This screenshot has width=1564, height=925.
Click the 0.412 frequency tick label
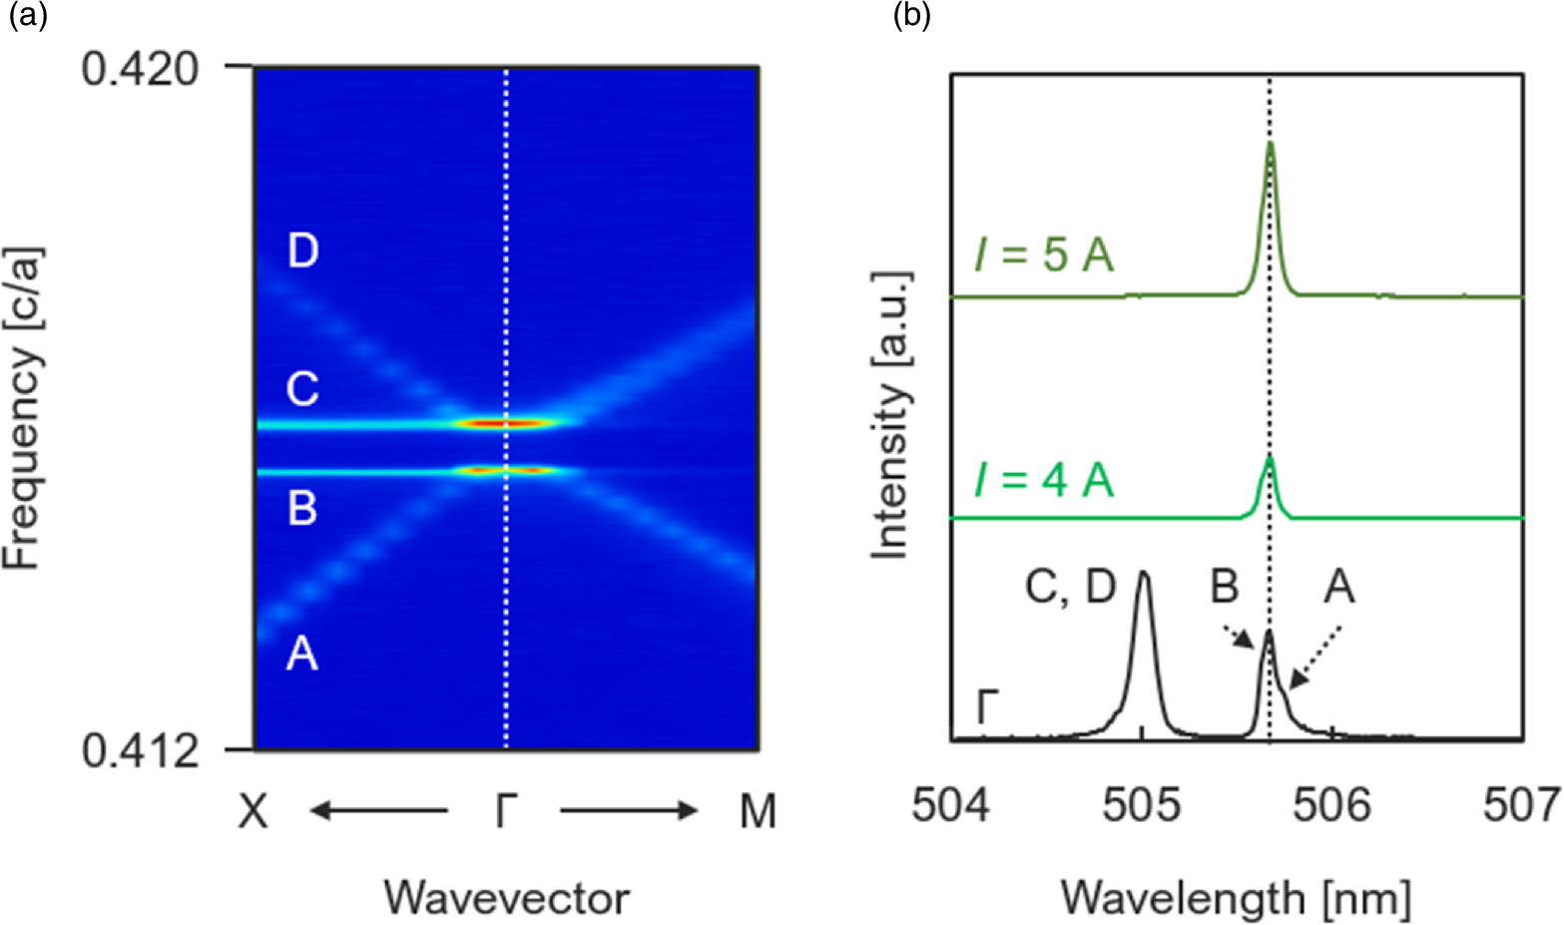pyautogui.click(x=141, y=750)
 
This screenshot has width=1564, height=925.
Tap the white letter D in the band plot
pyautogui.click(x=302, y=249)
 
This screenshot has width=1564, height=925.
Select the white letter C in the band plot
pyautogui.click(x=302, y=388)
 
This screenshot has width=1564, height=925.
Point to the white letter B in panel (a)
pyautogui.click(x=302, y=507)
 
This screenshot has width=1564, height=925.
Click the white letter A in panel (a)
pyautogui.click(x=301, y=655)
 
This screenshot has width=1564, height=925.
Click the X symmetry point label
pyautogui.click(x=255, y=812)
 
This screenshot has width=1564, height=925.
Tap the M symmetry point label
pyautogui.click(x=758, y=812)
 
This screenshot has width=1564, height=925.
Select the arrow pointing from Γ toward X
pyautogui.click(x=377, y=811)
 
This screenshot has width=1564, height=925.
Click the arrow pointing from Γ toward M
pyautogui.click(x=629, y=811)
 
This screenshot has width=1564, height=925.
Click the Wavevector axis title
pyautogui.click(x=507, y=897)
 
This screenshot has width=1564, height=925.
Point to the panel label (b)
pyautogui.click(x=911, y=17)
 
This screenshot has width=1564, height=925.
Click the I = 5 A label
pyautogui.click(x=1044, y=255)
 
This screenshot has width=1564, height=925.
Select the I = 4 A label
pyautogui.click(x=1044, y=480)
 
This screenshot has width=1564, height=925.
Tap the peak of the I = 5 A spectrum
pyautogui.click(x=1270, y=145)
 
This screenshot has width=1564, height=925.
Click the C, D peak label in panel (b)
pyautogui.click(x=1070, y=588)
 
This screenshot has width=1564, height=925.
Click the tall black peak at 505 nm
pyautogui.click(x=1143, y=576)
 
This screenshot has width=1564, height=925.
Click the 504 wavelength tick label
pyautogui.click(x=952, y=804)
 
